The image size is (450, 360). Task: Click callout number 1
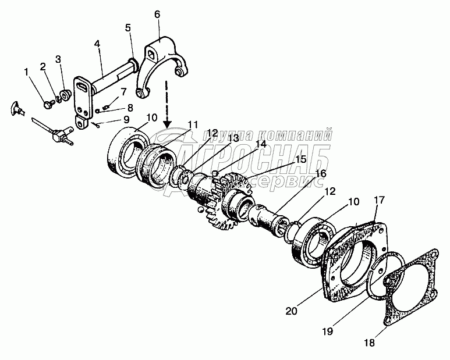[26, 72]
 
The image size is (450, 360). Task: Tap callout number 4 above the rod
[97, 44]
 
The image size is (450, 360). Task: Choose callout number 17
[379, 201]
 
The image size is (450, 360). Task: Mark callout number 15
[301, 159]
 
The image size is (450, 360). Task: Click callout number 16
[321, 173]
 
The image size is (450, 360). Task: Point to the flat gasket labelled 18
[411, 291]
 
